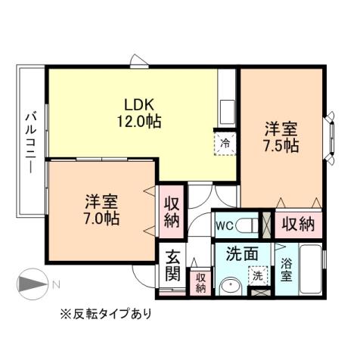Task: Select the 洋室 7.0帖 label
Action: point(101,209)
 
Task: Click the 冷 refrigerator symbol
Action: point(225,141)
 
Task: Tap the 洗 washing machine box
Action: point(259,277)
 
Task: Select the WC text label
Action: point(224,225)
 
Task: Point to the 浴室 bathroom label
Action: point(287,270)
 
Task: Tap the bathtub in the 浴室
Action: point(309,270)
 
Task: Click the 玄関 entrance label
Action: point(172,264)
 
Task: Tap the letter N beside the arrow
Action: point(54,285)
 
